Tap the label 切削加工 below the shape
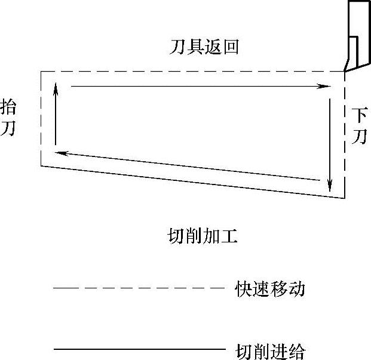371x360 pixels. pyautogui.click(x=204, y=236)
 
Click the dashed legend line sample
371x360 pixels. pyautogui.click(x=137, y=288)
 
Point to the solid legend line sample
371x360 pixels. pyautogui.click(x=137, y=348)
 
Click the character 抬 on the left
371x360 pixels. pyautogui.click(x=8, y=107)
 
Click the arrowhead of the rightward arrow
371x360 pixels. pyautogui.click(x=326, y=87)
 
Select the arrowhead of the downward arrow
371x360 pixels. pyautogui.click(x=330, y=188)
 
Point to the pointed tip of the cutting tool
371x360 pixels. pyautogui.click(x=345, y=71)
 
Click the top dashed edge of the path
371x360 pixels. pyautogui.click(x=191, y=72)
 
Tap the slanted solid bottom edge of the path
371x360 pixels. pyautogui.click(x=191, y=182)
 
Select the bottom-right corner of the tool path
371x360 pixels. pyautogui.click(x=345, y=199)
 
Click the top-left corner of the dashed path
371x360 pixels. pyautogui.click(x=41, y=72)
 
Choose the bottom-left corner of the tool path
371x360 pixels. pyautogui.click(x=41, y=165)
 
